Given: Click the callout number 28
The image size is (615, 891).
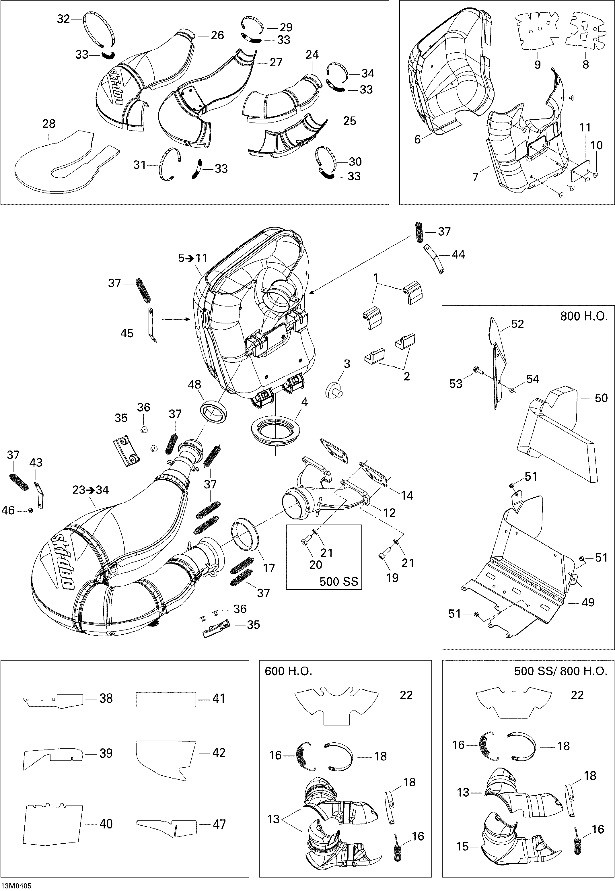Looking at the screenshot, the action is (49, 124).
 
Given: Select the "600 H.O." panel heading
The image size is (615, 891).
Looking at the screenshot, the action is (288, 671).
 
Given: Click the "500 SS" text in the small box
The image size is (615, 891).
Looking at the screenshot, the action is (339, 582).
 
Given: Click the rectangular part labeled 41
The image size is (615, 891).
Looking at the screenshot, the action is (166, 699).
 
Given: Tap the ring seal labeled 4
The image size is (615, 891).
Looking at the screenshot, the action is (276, 430).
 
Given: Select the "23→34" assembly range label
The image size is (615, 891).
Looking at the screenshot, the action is (91, 490).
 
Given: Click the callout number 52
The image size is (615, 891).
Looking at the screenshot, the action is (517, 324).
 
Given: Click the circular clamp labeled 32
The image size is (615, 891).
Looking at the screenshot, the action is (99, 36).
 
